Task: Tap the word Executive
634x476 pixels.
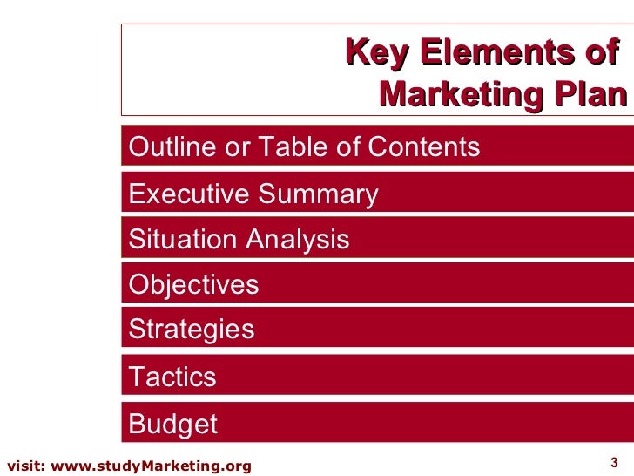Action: click(190, 194)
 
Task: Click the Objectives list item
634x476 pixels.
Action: click(193, 285)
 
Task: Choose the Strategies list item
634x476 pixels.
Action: click(192, 330)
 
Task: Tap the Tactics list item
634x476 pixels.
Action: click(172, 377)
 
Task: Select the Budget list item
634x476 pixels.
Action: click(173, 424)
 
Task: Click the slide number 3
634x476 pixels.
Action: click(613, 462)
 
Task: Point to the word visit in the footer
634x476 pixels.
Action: click(25, 466)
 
